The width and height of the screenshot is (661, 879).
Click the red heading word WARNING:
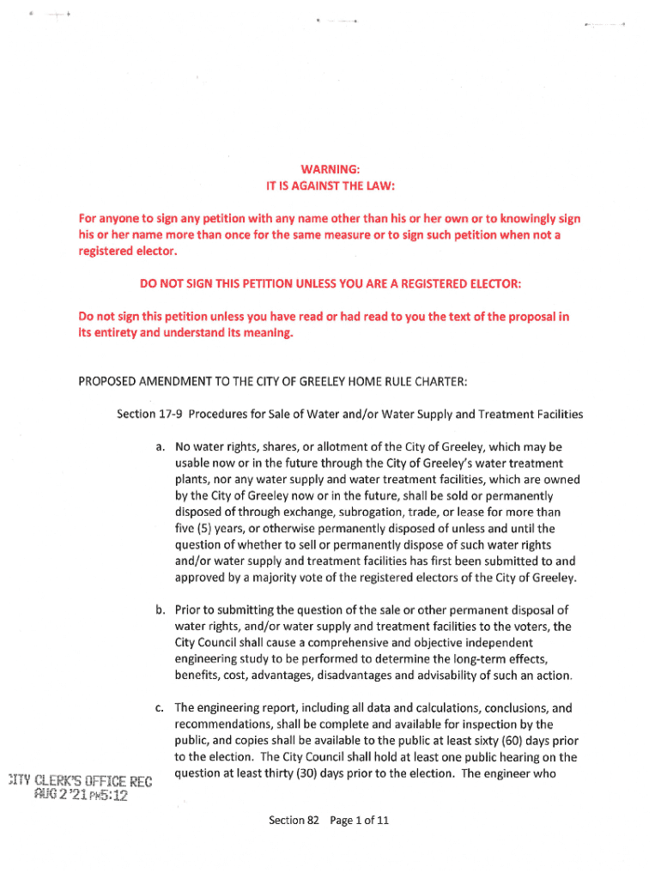pyautogui.click(x=330, y=169)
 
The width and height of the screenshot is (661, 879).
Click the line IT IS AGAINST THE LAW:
pyautogui.click(x=330, y=185)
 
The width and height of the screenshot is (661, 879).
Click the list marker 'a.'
pyautogui.click(x=161, y=447)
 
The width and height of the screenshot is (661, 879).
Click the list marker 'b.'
pyautogui.click(x=161, y=610)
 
